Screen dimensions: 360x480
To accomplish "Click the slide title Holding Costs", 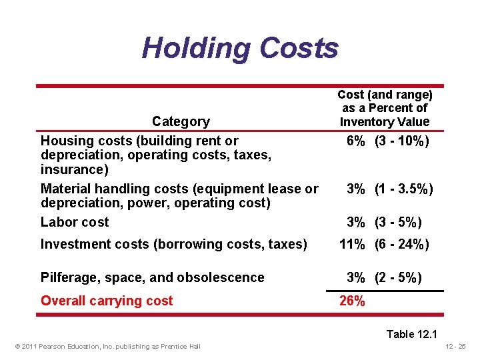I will point(240,48).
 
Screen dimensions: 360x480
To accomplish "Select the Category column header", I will point(181,121).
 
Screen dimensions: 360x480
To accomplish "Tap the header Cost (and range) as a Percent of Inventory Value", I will point(385,108).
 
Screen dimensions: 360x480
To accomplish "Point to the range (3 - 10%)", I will point(402,141).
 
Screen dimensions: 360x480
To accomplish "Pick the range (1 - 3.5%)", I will point(404,189).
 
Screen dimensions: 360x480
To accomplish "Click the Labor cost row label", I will point(75,222).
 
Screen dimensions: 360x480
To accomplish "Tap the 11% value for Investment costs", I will point(352,244).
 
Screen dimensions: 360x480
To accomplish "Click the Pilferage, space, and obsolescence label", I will point(153,277).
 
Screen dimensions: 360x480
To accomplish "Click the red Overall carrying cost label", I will point(107,301).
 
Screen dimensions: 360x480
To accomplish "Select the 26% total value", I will point(352,301).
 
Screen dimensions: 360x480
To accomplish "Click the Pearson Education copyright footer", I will point(106,345).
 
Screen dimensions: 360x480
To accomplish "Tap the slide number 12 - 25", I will point(455,345).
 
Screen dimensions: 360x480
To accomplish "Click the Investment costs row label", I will point(174,244).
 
